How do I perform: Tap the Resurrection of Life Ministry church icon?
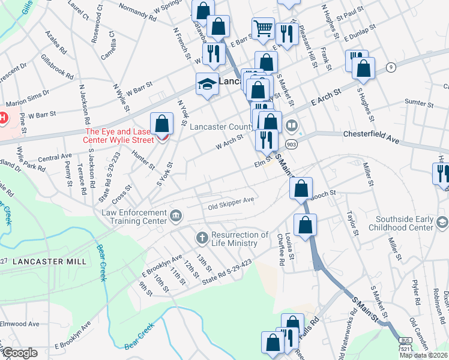click(x=201, y=238)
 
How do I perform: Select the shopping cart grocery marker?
click(x=263, y=28)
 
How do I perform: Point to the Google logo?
click(x=19, y=353)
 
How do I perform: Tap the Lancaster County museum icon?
click(x=292, y=125)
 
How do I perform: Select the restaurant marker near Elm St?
click(x=266, y=140)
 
